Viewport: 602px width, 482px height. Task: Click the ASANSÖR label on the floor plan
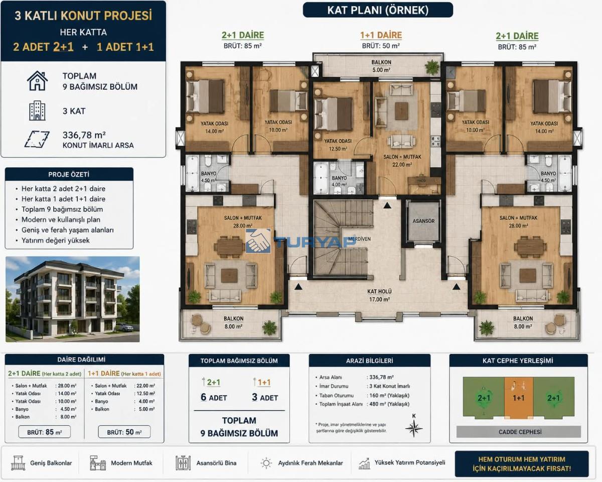click(423, 221)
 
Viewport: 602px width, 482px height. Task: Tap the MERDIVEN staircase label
click(359, 239)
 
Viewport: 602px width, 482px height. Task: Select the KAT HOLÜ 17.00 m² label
click(379, 295)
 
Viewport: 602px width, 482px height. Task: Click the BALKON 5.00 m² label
click(381, 66)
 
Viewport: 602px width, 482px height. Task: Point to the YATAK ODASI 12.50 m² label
click(338, 145)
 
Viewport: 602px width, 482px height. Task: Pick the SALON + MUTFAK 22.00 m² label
click(402, 161)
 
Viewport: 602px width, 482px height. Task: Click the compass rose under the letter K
click(414, 428)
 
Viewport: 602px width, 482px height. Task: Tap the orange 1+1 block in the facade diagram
click(519, 398)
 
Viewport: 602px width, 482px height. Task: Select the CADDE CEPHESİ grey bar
click(519, 432)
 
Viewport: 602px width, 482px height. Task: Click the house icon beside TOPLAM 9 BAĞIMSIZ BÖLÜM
click(37, 81)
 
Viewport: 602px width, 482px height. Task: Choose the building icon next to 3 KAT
click(37, 111)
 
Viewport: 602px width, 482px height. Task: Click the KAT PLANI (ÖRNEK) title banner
click(378, 10)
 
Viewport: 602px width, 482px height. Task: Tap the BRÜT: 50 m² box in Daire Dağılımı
click(124, 432)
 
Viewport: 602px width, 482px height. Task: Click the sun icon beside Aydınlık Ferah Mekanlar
click(266, 463)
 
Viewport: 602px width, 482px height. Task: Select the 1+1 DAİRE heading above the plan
click(381, 35)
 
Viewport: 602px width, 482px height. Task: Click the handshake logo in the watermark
click(258, 241)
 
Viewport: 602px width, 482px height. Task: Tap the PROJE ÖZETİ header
click(69, 175)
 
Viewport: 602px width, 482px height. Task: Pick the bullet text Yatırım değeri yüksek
click(55, 240)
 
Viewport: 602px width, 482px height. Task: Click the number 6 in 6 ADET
click(203, 397)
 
